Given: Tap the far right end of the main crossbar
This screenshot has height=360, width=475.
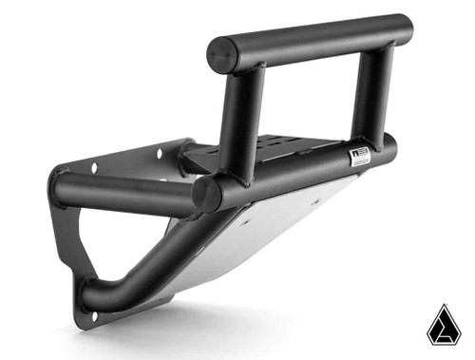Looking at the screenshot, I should pyautogui.click(x=389, y=145).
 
